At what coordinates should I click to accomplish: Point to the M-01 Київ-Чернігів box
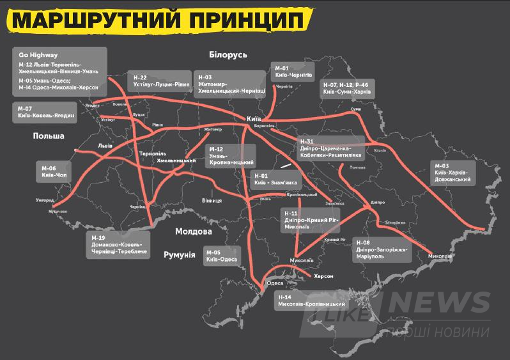(x=293, y=71)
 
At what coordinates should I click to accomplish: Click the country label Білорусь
(x=222, y=55)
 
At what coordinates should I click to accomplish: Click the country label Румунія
(x=180, y=254)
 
